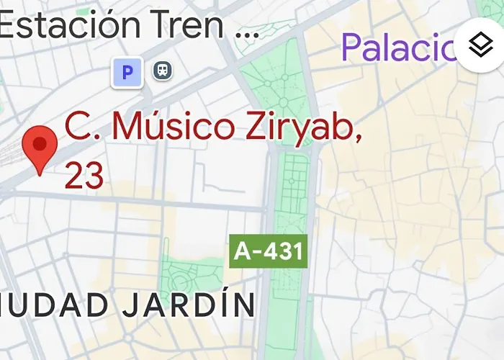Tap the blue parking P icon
pos(127,72)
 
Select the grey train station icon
pos(162,71)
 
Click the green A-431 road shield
pos(269,252)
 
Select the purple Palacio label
pos(400,47)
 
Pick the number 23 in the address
pos(84,175)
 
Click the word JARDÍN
pos(189,305)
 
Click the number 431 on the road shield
pos(282,252)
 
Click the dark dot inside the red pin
pos(40,143)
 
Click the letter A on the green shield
pos(243,252)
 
